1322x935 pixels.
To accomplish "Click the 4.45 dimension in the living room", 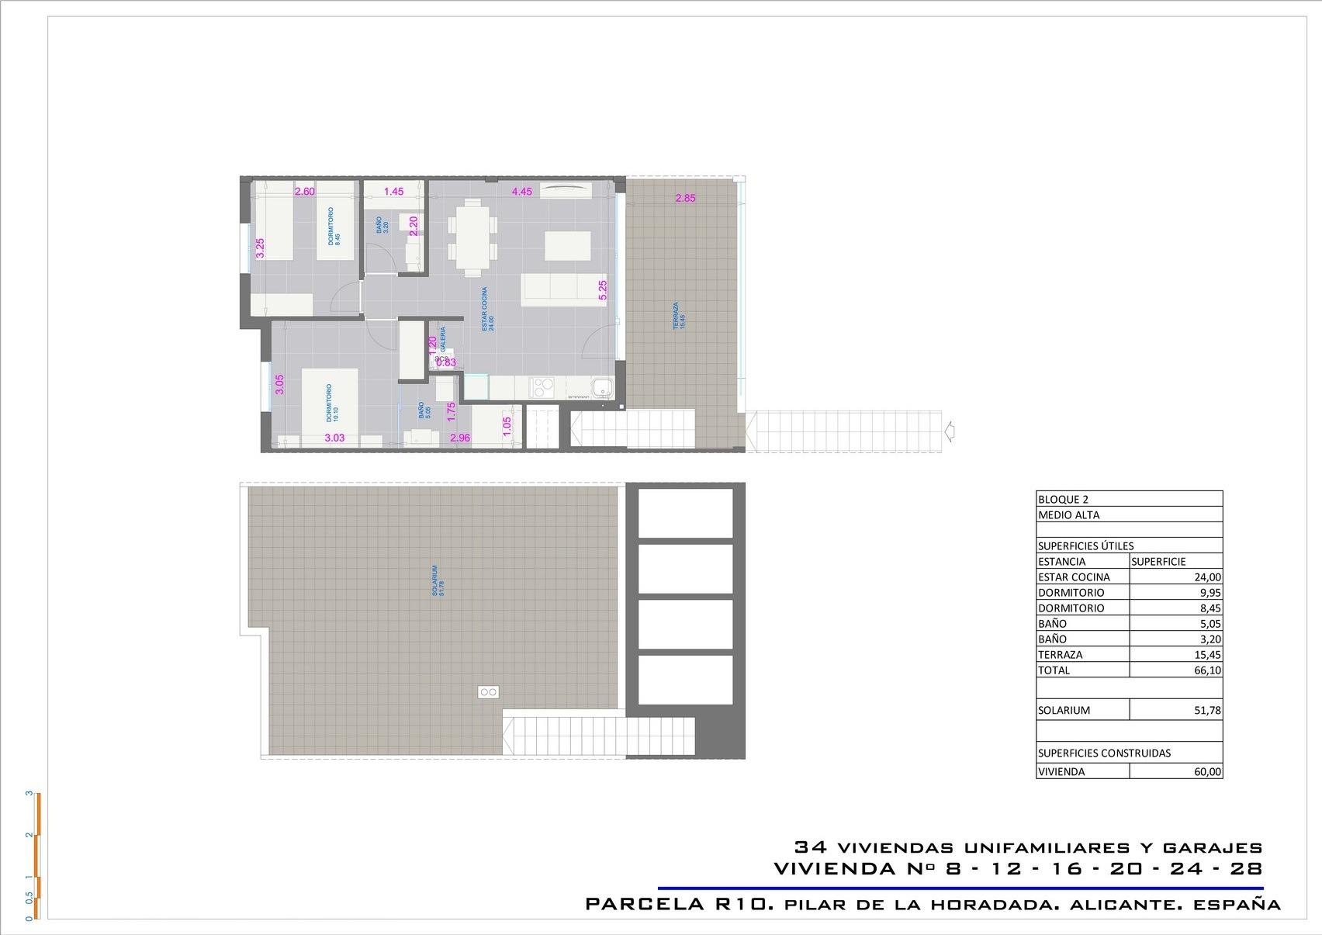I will pos(521,192).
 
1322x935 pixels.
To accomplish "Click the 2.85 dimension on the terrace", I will pos(685,198).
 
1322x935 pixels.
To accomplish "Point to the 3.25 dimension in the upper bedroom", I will pos(261,248).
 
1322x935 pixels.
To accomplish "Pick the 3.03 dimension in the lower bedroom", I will pos(334,438).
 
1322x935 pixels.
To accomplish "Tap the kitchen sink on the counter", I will pos(600,386).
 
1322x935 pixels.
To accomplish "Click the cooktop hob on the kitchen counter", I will pos(540,385).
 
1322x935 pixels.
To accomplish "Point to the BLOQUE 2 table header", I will pos(1063,500).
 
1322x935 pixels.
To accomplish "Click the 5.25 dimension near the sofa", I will pos(603,290).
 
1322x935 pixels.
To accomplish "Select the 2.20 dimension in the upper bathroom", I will pos(414,226).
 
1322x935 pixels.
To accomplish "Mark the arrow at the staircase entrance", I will pos(950,431).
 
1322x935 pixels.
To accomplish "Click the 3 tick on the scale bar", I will pos(29,794).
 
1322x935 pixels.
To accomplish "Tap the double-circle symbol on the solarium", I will pos(489,691).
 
